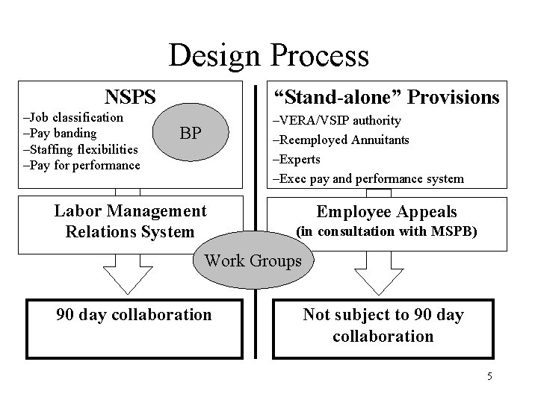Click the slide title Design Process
[x=269, y=55]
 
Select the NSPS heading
[x=131, y=96]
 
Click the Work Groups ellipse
[x=253, y=260]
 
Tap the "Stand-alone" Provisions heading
[x=386, y=97]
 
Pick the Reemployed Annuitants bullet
[x=341, y=140]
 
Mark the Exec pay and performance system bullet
[x=368, y=179]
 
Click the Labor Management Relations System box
[x=131, y=222]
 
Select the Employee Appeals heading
[x=387, y=212]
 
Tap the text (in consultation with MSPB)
[x=387, y=231]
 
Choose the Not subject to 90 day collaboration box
[x=383, y=325]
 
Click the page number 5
[x=489, y=375]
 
